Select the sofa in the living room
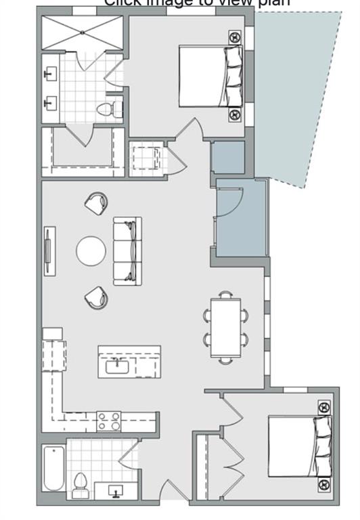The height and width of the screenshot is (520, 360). point(127,251)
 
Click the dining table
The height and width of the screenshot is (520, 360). point(225,326)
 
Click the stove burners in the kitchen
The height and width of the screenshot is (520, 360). point(109,421)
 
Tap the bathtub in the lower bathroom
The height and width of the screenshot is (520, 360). point(54,468)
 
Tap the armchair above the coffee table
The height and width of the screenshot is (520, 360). point(97,202)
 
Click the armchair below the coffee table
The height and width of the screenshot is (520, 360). point(97,297)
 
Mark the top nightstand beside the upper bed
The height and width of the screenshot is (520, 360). point(234,37)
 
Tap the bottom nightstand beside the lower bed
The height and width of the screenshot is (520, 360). point(323,484)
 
